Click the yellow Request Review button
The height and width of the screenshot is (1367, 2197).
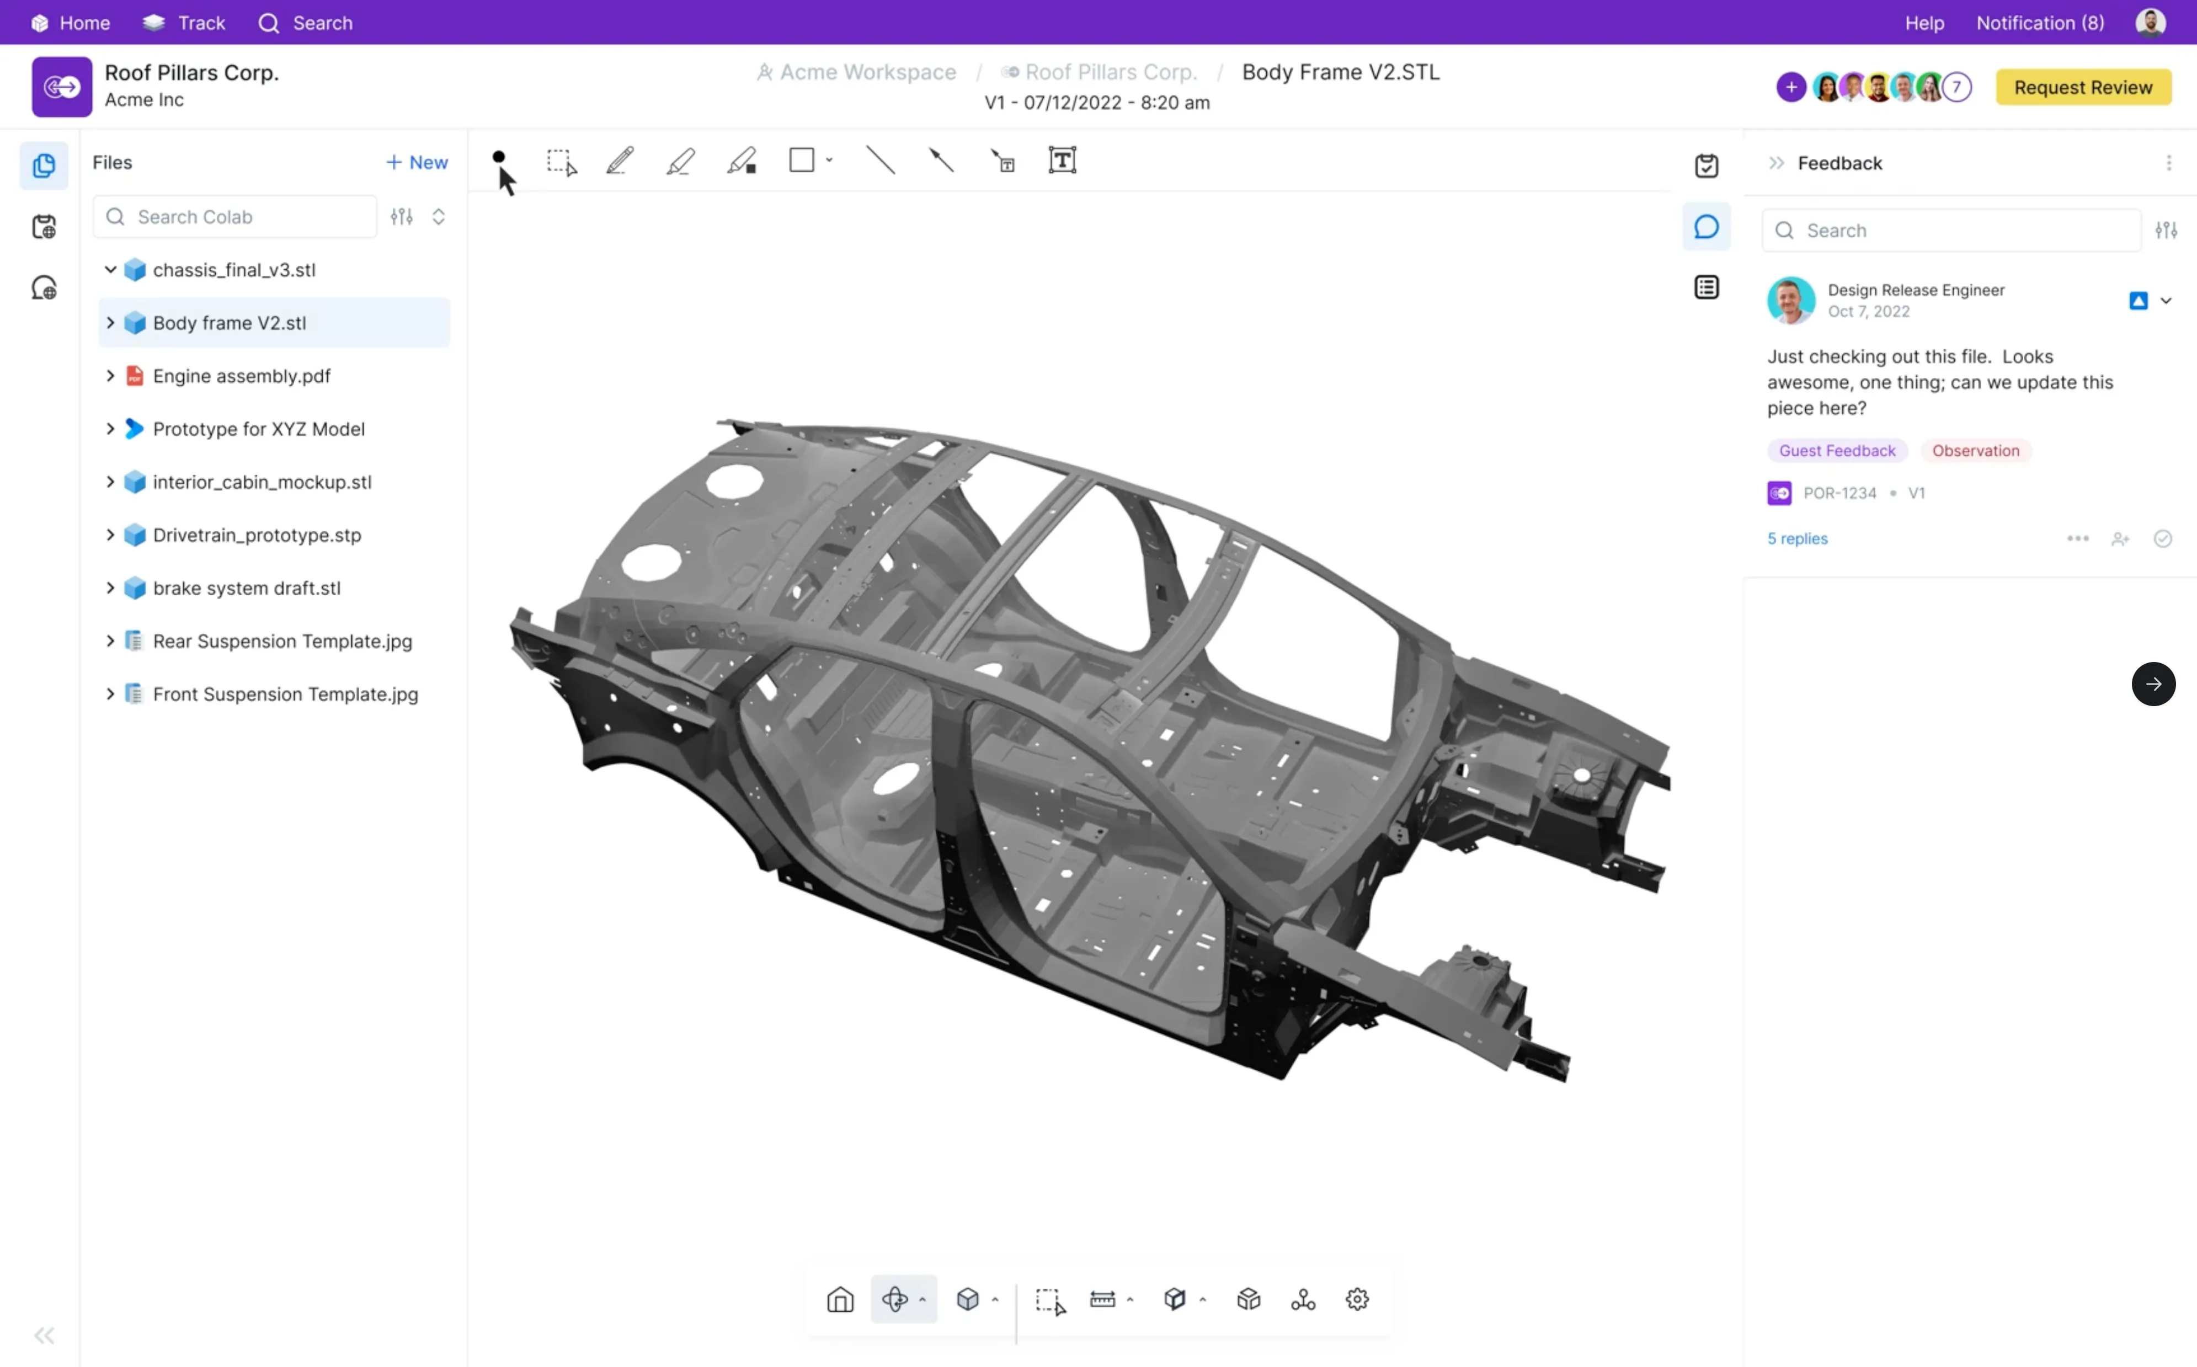click(2083, 88)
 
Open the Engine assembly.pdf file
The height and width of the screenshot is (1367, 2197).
click(242, 376)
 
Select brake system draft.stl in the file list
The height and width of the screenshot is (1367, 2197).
click(247, 588)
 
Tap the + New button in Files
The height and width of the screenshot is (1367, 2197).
click(417, 163)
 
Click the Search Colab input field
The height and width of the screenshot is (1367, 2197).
click(235, 217)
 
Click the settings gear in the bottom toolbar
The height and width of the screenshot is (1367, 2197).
click(1357, 1299)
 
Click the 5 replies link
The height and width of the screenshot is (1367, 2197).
click(1798, 539)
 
